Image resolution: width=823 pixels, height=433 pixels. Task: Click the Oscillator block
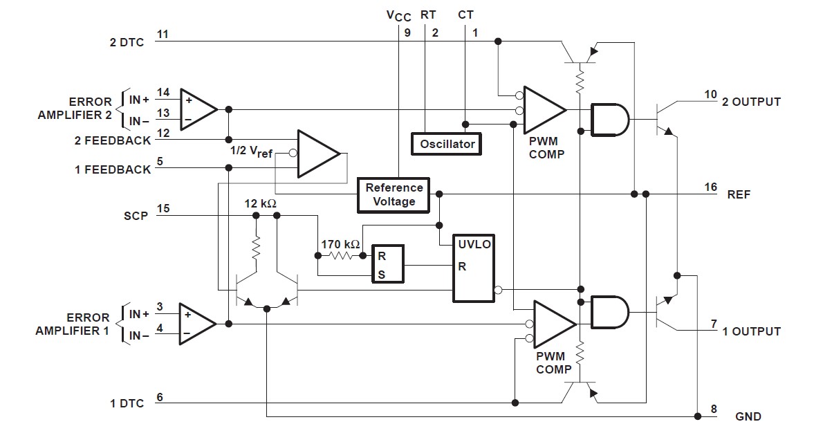(447, 143)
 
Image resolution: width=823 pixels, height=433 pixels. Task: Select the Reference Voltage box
(394, 194)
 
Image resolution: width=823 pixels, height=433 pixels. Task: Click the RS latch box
(388, 265)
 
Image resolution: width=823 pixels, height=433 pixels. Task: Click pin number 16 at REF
(710, 187)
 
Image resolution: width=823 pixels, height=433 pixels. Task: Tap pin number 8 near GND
(714, 409)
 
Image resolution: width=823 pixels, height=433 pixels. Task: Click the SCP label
(136, 216)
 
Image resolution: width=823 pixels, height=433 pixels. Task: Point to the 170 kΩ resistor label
(340, 244)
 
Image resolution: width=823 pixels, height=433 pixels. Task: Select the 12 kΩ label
(261, 203)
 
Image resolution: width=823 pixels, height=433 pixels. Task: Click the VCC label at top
(398, 15)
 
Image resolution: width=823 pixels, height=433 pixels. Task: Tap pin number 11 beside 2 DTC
(163, 35)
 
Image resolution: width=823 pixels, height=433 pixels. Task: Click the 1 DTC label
(127, 403)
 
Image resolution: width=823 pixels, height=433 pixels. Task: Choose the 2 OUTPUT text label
(751, 102)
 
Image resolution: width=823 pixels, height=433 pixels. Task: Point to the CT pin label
(466, 15)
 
